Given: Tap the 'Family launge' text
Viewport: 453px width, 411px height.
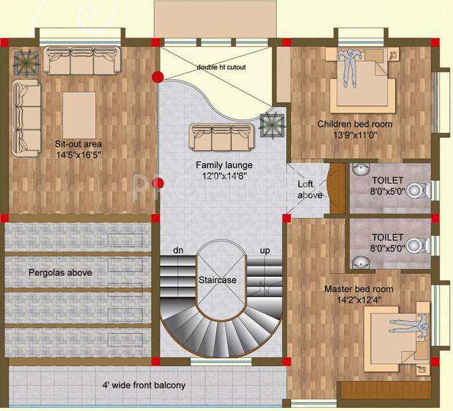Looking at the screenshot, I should click(x=224, y=165).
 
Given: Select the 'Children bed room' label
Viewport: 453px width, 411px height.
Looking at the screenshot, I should click(x=355, y=124).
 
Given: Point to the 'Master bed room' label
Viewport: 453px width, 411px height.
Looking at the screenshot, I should click(x=359, y=289).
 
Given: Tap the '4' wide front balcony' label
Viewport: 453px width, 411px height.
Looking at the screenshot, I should click(x=143, y=386).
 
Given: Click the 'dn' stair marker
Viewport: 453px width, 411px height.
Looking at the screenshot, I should click(x=177, y=250).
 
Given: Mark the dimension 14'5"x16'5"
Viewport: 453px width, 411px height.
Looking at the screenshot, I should click(x=78, y=155).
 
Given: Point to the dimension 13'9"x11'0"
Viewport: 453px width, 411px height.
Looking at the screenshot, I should click(x=355, y=135).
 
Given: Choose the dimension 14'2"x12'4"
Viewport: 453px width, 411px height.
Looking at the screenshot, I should click(x=359, y=300).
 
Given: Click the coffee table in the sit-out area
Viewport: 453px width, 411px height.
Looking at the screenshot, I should click(x=79, y=114).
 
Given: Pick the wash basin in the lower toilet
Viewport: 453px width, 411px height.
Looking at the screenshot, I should click(x=359, y=263).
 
